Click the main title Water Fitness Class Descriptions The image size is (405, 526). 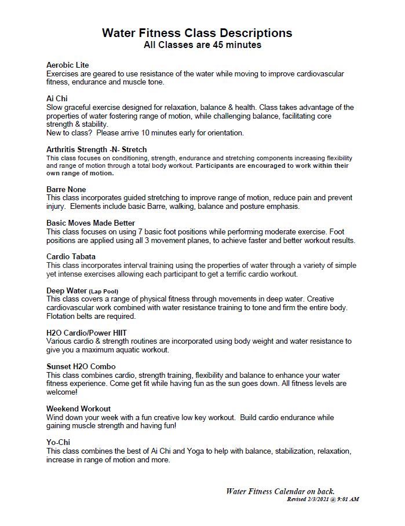click(x=197, y=32)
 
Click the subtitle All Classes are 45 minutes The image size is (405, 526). click(x=202, y=45)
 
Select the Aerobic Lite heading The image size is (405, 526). click(x=67, y=65)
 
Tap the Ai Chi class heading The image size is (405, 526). click(x=57, y=98)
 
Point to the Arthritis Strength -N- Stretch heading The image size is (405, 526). click(x=96, y=149)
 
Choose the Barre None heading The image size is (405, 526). click(x=66, y=189)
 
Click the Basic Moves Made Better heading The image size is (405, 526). click(x=90, y=223)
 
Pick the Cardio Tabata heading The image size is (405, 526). click(x=71, y=256)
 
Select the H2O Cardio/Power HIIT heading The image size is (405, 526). click(x=86, y=333)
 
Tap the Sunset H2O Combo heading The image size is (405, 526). click(x=81, y=366)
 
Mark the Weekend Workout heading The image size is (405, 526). click(x=78, y=409)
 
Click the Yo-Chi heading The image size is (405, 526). click(x=58, y=442)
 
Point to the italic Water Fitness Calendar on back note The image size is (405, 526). click(x=280, y=491)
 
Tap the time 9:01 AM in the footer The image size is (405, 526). click(x=348, y=499)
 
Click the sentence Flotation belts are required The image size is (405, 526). click(x=91, y=316)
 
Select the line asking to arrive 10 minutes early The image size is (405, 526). click(x=145, y=133)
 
